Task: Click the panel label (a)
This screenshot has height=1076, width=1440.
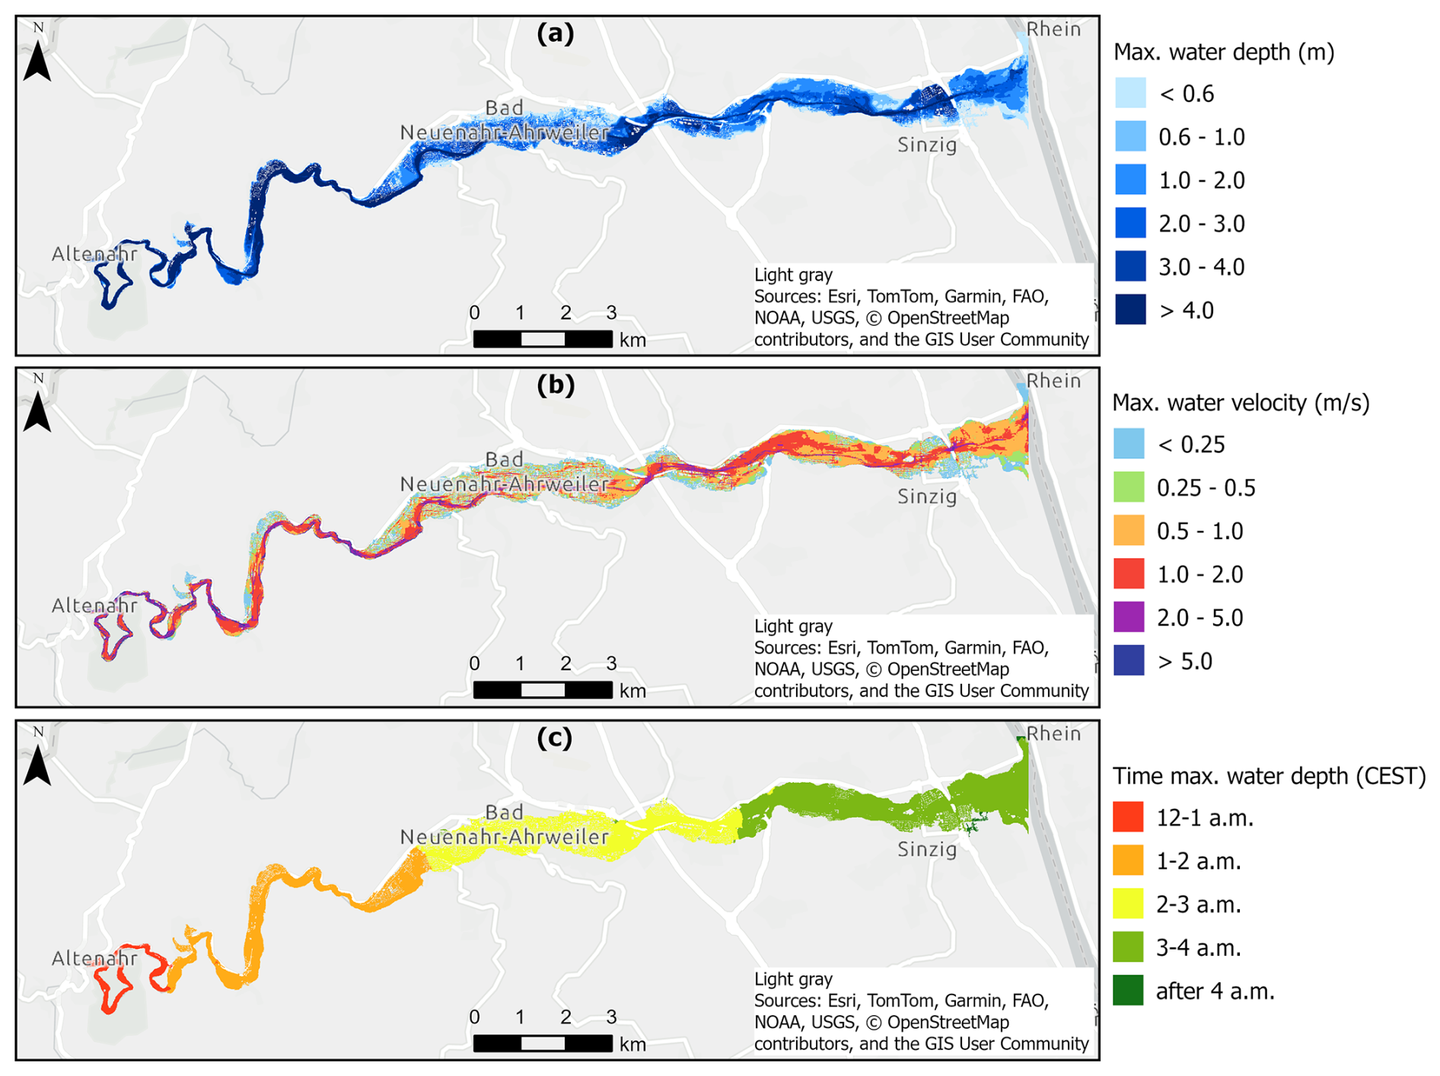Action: (x=555, y=34)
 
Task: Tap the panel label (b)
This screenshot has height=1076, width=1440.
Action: (x=555, y=385)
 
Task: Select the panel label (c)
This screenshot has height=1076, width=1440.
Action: (x=555, y=738)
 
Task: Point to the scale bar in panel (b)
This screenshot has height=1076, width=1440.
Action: (x=543, y=690)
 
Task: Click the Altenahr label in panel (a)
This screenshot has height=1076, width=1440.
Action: (x=94, y=254)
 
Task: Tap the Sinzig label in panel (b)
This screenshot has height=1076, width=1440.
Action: (x=927, y=496)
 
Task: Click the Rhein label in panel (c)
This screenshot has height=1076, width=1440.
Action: (x=1053, y=733)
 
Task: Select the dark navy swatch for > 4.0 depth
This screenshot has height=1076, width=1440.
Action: (x=1129, y=310)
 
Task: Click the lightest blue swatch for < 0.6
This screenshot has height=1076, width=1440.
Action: (x=1129, y=94)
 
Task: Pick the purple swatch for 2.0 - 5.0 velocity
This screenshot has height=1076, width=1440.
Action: (x=1129, y=617)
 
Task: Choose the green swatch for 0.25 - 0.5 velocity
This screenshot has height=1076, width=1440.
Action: (x=1129, y=487)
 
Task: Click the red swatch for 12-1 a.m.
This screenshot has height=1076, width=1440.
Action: (x=1128, y=817)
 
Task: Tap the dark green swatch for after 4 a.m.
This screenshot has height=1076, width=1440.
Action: (x=1128, y=991)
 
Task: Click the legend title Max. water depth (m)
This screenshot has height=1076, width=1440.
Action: (x=1224, y=52)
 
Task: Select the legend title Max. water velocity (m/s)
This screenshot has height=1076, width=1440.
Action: (x=1241, y=402)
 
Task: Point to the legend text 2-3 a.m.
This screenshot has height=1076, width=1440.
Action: (x=1199, y=904)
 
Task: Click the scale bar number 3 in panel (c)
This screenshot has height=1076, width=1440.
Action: (x=611, y=1017)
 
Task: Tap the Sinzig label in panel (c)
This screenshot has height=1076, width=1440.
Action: (x=927, y=848)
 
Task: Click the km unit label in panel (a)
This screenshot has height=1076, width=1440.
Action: (x=632, y=340)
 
